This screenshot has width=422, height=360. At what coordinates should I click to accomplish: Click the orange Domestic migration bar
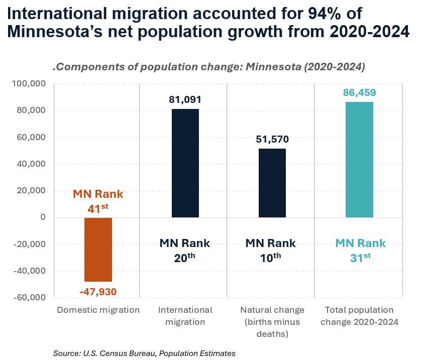click(x=98, y=250)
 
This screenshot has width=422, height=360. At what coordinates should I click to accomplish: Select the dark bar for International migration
click(x=185, y=163)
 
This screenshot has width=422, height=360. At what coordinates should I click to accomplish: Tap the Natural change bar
click(x=272, y=183)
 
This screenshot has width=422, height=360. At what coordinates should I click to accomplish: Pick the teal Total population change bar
click(x=359, y=160)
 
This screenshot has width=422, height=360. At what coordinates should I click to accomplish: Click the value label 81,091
click(x=185, y=99)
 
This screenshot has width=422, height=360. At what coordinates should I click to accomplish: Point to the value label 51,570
click(x=272, y=139)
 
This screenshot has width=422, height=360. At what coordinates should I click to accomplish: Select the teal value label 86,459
click(x=359, y=92)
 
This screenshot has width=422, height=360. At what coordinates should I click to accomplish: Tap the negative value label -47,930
click(x=98, y=291)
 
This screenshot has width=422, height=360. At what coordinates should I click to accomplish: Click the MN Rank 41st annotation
click(x=98, y=200)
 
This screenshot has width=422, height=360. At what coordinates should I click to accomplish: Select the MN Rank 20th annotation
click(x=185, y=250)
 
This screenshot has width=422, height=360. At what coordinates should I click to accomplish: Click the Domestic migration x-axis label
click(x=98, y=310)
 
